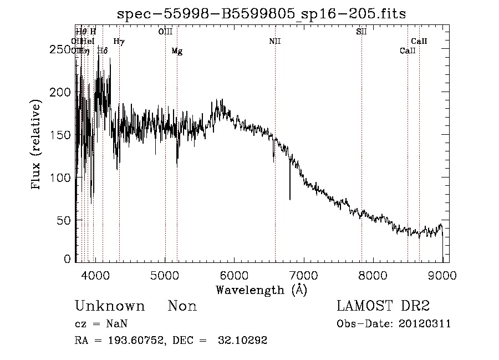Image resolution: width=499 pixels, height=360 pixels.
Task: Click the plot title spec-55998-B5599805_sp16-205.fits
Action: pyautogui.click(x=262, y=14)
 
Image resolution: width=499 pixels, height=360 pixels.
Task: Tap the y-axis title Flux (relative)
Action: pyautogui.click(x=37, y=145)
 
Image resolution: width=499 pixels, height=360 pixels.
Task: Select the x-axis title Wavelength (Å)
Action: pyautogui.click(x=262, y=290)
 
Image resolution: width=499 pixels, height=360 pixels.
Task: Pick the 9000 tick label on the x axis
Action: pyautogui.click(x=442, y=275)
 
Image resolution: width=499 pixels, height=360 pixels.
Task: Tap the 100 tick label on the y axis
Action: pyautogui.click(x=62, y=178)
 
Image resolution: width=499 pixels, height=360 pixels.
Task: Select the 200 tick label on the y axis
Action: pyautogui.click(x=62, y=92)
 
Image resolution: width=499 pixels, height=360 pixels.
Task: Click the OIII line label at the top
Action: pyautogui.click(x=165, y=32)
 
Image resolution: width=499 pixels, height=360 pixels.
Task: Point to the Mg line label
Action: pyautogui.click(x=177, y=52)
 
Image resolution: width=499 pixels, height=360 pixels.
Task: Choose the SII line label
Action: pyautogui.click(x=361, y=32)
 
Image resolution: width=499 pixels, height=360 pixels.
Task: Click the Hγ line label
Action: pyautogui.click(x=119, y=42)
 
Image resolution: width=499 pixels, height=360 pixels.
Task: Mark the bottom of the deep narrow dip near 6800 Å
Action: pyautogui.click(x=290, y=199)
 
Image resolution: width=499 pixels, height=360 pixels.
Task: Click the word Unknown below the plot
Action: pyautogui.click(x=110, y=306)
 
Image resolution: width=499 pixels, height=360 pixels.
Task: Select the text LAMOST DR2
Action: pyautogui.click(x=383, y=306)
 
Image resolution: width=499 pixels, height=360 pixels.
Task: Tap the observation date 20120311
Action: pyautogui.click(x=425, y=324)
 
